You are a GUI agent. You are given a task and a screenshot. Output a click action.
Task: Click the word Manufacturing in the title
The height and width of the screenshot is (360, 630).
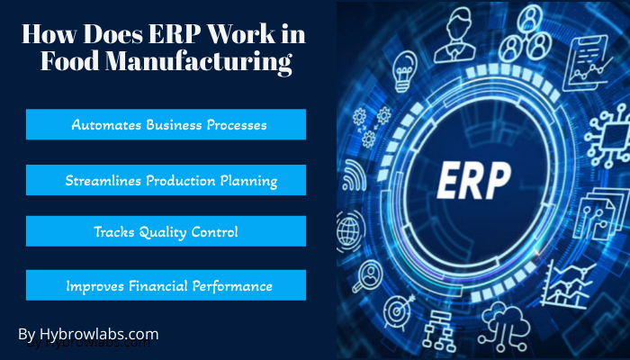198,62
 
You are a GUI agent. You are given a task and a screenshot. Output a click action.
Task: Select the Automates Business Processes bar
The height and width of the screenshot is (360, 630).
166,124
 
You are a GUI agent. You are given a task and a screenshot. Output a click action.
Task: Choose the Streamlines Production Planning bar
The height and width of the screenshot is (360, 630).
166,180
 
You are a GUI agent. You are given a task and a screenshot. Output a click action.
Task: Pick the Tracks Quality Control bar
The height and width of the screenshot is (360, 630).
166,231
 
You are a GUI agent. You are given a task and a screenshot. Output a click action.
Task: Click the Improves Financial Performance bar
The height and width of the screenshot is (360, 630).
166,285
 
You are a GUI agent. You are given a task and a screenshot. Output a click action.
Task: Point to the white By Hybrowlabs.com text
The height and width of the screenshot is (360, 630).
88,334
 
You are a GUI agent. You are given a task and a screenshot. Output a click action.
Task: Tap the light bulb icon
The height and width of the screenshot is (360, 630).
404,71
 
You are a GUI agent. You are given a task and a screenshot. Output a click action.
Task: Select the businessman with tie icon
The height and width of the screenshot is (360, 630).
454,35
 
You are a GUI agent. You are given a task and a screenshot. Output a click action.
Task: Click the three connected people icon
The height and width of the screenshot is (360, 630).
526,33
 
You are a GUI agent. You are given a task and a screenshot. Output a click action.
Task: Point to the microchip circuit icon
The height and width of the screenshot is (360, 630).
607,136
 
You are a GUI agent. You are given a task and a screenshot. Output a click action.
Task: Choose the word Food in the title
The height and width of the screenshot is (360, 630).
70,62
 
